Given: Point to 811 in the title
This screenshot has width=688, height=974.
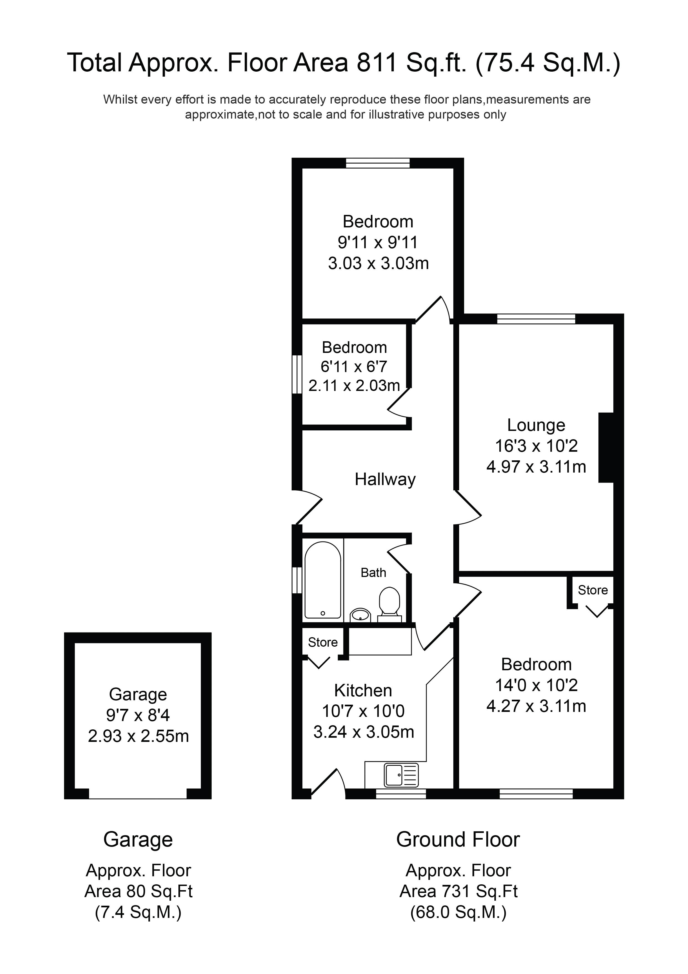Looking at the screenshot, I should (376, 63).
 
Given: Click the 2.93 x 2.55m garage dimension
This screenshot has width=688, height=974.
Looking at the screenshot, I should (138, 736).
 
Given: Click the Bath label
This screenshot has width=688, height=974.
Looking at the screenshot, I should (373, 573).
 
